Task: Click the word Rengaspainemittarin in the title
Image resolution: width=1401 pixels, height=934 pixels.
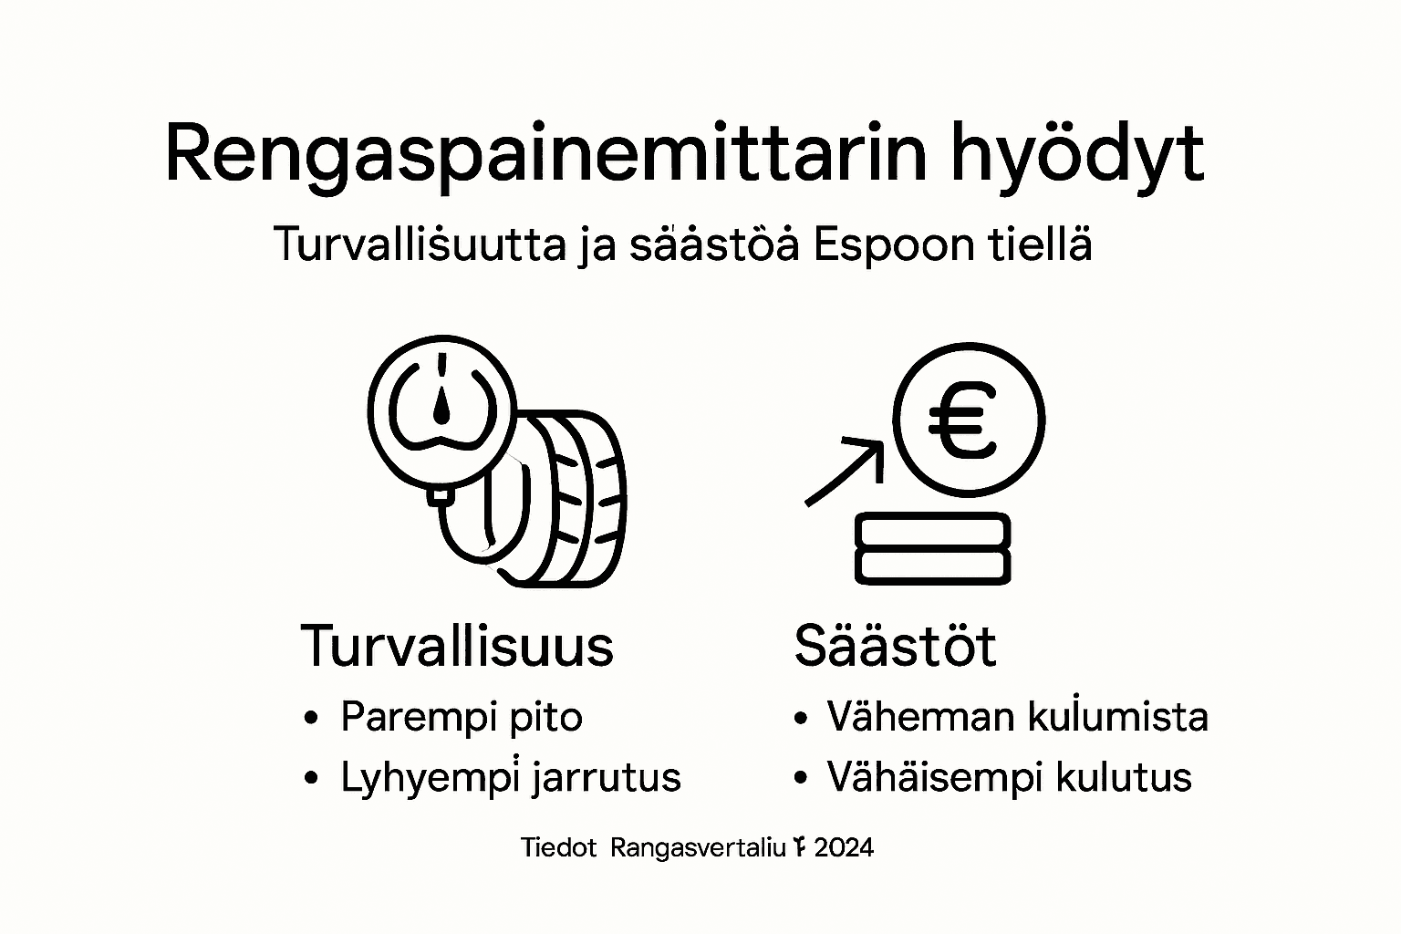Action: click(545, 155)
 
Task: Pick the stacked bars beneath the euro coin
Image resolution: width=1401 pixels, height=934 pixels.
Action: click(932, 548)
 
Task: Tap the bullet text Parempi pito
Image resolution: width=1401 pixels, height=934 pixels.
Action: click(461, 717)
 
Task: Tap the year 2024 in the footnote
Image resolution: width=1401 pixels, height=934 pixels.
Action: click(843, 847)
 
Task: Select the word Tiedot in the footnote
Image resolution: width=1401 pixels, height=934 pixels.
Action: click(558, 847)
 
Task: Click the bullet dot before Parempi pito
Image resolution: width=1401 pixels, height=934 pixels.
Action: click(312, 718)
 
